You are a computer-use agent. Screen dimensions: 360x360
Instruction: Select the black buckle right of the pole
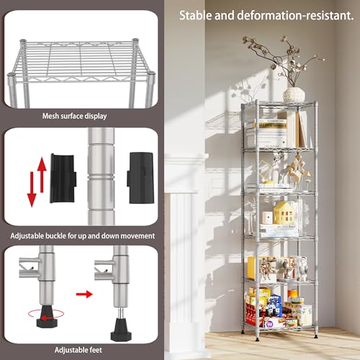click(x=139, y=176)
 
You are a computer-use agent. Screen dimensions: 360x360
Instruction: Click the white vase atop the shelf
click(x=294, y=94)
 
